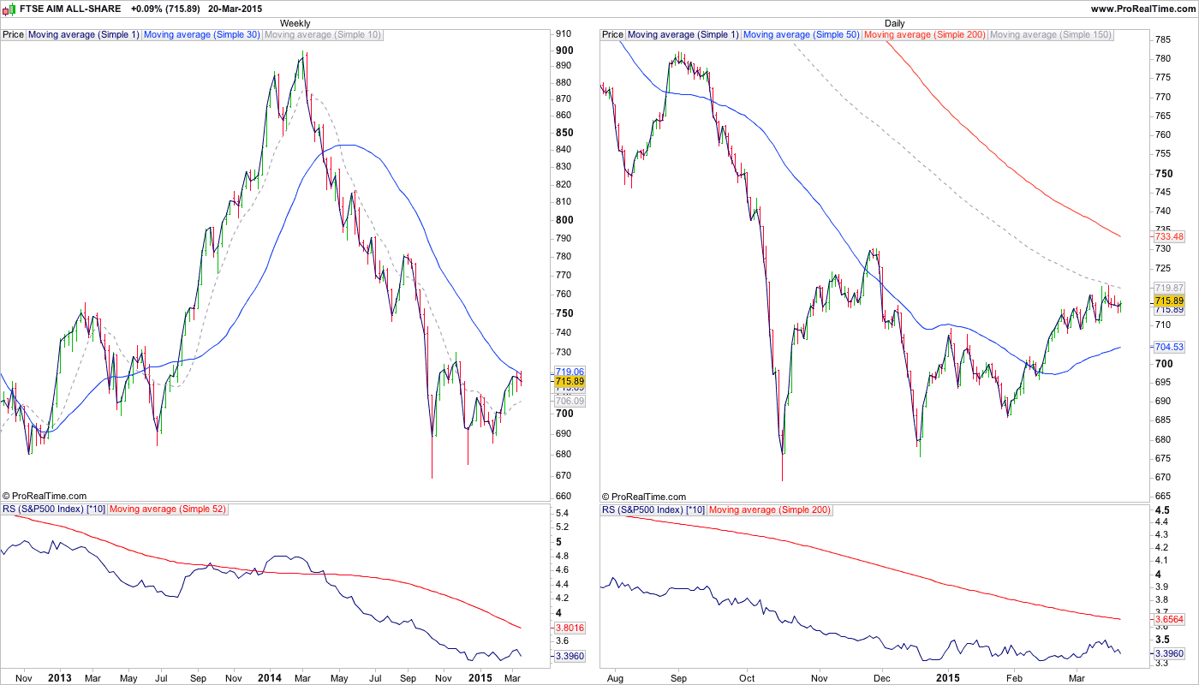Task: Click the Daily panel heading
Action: [894, 23]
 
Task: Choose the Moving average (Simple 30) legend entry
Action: [202, 35]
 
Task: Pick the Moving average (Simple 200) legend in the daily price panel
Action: [925, 35]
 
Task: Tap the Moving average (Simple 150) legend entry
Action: [1050, 35]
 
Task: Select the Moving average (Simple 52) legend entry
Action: [168, 509]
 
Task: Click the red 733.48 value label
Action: [1168, 236]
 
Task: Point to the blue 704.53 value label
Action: [1168, 347]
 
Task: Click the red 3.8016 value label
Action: [570, 628]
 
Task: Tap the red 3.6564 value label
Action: [1169, 619]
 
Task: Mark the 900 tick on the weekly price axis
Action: [564, 51]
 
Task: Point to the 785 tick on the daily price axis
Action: [1163, 40]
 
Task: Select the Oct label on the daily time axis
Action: [747, 678]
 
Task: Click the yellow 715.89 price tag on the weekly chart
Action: [570, 381]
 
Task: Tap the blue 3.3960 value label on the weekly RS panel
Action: [570, 656]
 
